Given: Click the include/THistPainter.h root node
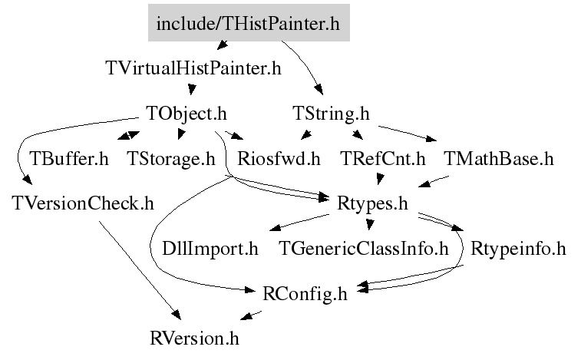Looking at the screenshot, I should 248,24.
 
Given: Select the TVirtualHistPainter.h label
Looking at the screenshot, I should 193,68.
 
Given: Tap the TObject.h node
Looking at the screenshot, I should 187,114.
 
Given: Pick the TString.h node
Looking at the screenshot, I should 331,114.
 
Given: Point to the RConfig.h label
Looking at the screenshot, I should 305,293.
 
